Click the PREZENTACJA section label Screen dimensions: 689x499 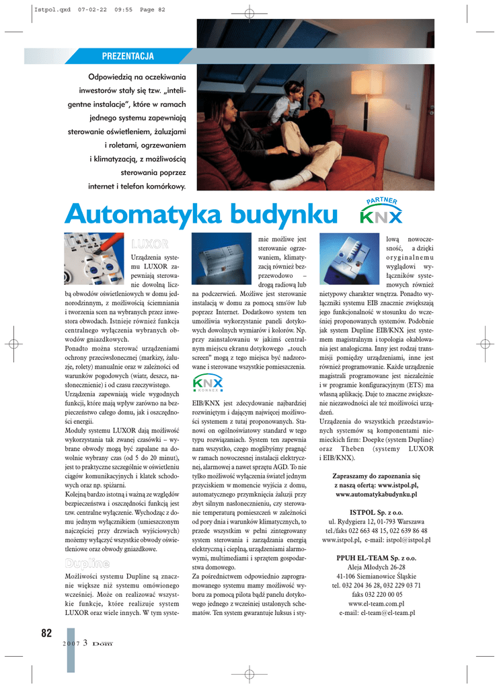(128, 56)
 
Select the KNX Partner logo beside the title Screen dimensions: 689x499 (381, 211)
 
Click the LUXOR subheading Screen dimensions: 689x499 (149, 244)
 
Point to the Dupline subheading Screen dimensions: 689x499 (87, 562)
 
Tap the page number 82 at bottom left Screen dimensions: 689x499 (46, 632)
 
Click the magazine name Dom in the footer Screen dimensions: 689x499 (102, 643)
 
